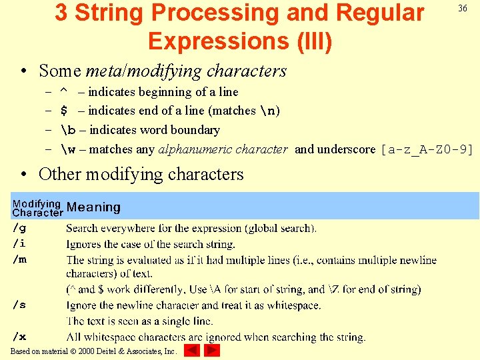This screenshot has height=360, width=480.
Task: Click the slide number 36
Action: coord(461,8)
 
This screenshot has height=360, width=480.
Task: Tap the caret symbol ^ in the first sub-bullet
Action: coord(64,91)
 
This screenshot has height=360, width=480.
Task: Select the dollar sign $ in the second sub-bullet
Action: coord(64,111)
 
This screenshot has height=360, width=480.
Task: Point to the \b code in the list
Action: coord(69,130)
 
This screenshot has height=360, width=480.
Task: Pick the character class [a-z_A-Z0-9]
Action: coord(426,149)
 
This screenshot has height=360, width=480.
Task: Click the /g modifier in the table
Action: coord(19,228)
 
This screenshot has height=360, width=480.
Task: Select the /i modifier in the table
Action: coord(19,244)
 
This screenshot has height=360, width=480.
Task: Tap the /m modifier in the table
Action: coord(19,260)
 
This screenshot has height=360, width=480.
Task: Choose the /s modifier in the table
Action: coord(19,305)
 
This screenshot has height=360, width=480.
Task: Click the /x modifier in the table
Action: coord(19,337)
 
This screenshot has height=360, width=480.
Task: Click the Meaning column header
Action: coord(93,207)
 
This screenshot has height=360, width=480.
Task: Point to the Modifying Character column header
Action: coord(37,208)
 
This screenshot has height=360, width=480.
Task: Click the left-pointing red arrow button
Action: coord(191,351)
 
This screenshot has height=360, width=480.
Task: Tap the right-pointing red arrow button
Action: coord(212,351)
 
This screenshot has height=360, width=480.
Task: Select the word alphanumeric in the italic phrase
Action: coord(189,149)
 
